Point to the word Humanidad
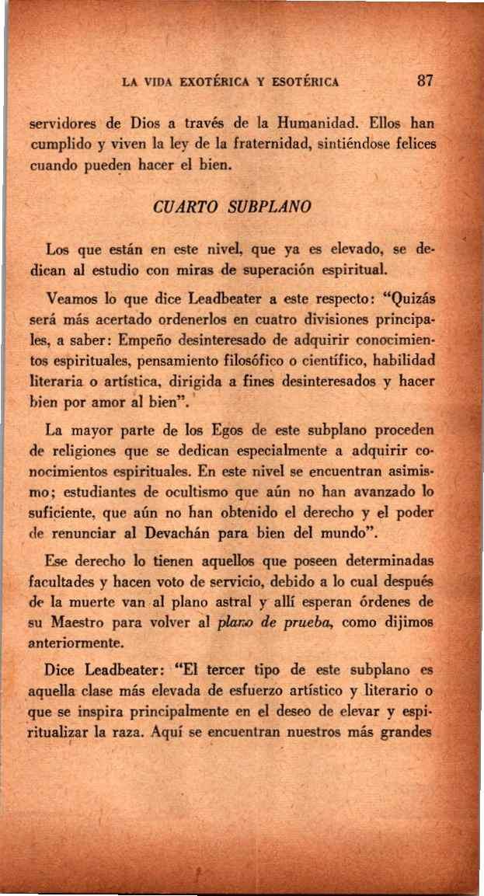pos(300,122)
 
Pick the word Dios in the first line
pos(145,122)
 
